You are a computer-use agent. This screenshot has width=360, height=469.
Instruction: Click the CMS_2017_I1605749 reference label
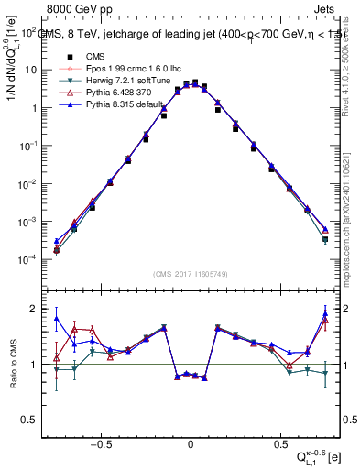(191, 273)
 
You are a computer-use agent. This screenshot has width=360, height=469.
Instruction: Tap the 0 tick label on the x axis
(191, 440)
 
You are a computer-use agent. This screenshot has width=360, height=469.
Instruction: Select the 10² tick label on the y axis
(31, 32)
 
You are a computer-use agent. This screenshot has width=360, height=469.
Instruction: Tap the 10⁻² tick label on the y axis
(31, 184)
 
